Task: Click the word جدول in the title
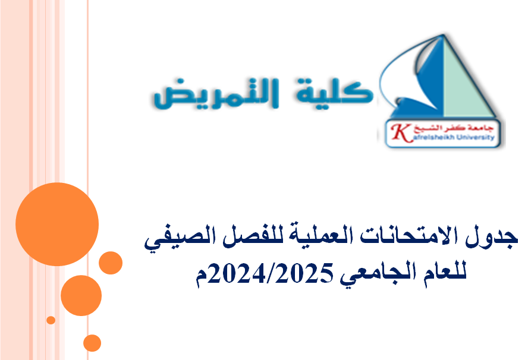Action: point(498,238)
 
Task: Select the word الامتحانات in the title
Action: point(416,238)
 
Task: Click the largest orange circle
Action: point(57,224)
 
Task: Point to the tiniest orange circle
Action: point(51,320)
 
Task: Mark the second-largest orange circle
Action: point(81,295)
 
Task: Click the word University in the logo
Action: point(476,136)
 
